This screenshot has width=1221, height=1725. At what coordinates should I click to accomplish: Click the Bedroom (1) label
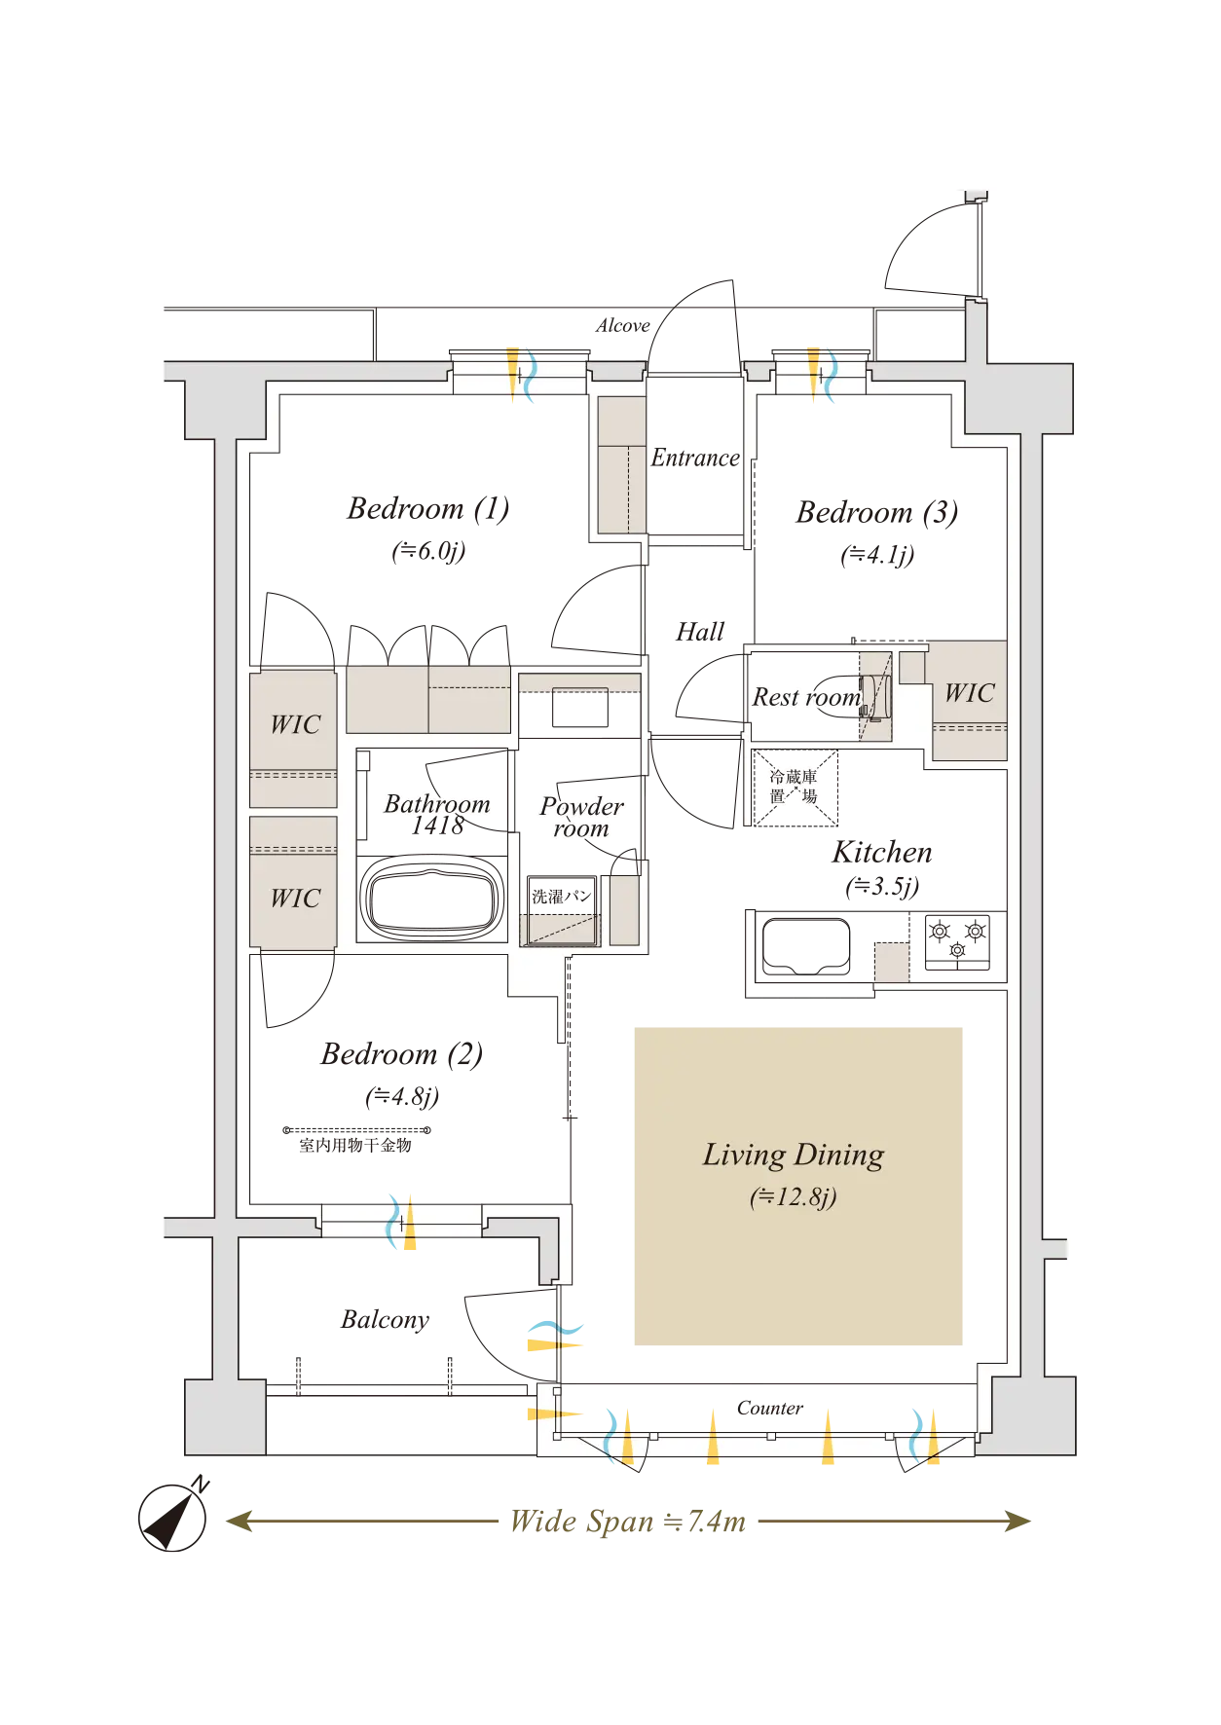(x=428, y=509)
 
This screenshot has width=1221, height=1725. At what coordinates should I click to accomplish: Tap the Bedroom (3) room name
(x=877, y=513)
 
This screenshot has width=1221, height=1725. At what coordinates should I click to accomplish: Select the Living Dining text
(x=794, y=1156)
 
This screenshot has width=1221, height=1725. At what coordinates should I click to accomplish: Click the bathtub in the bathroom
(x=431, y=898)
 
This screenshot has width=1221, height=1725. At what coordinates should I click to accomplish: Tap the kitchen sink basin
(x=806, y=945)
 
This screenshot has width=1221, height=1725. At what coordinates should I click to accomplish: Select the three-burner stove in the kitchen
(x=957, y=941)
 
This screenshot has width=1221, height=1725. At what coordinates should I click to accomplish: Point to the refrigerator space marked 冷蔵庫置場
(x=795, y=788)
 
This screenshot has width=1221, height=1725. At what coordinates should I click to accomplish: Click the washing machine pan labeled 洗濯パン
(x=561, y=911)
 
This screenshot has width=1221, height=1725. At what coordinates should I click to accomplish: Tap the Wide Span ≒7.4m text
(x=628, y=1521)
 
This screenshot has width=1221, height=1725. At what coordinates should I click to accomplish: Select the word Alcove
(x=623, y=325)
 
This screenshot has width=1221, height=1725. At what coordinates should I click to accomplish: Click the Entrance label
(x=695, y=458)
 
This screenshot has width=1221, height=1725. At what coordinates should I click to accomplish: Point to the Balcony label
(x=386, y=1320)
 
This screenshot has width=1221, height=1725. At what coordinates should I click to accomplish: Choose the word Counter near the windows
(x=770, y=1408)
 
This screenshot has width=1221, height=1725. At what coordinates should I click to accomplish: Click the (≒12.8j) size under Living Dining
(x=794, y=1197)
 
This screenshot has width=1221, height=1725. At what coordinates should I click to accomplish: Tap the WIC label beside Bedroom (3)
(x=970, y=693)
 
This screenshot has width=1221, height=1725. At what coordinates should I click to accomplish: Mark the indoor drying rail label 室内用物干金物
(x=355, y=1145)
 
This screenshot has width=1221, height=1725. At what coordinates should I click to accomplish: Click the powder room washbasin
(x=580, y=708)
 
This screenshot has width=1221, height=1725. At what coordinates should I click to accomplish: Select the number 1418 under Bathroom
(x=437, y=826)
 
